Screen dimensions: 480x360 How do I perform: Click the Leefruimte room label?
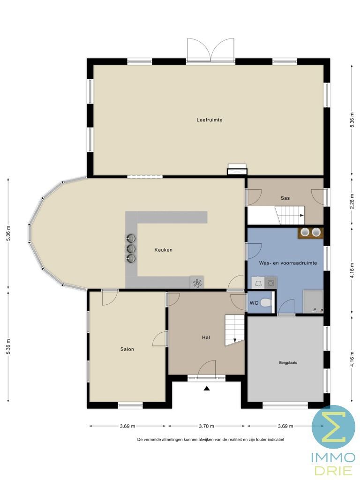(209, 120)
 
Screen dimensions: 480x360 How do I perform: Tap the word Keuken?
(164, 250)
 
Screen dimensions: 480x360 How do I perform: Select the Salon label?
(127, 349)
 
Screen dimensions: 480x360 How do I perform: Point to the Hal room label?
(206, 337)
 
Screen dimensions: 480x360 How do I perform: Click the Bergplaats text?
(288, 362)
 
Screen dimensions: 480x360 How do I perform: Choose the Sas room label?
(285, 198)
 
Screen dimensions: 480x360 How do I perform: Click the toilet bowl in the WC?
(266, 303)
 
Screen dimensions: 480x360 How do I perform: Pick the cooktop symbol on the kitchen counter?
(197, 282)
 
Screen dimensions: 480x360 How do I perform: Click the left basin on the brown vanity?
(305, 232)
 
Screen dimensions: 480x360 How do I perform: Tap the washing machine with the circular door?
(270, 283)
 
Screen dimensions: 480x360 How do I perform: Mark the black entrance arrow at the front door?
(206, 388)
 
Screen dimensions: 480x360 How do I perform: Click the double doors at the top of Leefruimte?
(210, 50)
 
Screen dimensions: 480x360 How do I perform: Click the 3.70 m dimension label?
(206, 426)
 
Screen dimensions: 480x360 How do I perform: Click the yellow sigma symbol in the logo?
(333, 427)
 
